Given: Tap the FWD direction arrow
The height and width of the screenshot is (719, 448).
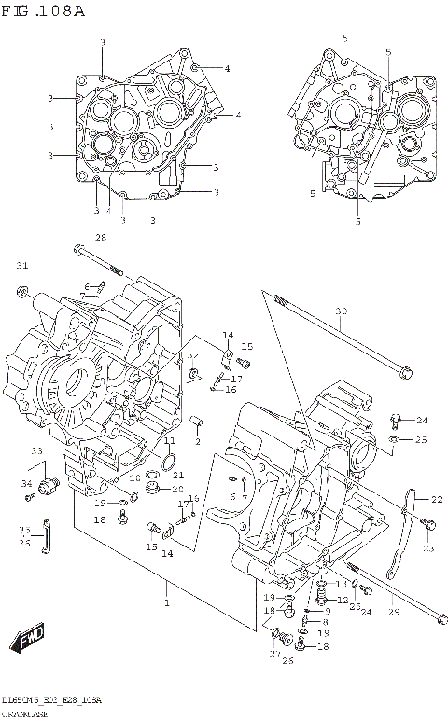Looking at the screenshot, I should click(27, 638).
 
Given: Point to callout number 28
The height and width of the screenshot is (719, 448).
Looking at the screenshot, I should click(101, 239).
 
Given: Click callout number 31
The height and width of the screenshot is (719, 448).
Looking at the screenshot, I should click(22, 266).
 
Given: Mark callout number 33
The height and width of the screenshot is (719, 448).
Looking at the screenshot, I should click(36, 451).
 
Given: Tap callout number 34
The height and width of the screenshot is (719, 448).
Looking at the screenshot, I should click(27, 483).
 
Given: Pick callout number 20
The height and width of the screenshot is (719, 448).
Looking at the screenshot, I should click(177, 489).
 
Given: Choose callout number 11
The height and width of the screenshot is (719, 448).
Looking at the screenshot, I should click(169, 440).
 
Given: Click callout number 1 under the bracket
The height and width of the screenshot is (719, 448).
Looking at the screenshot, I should click(168, 603).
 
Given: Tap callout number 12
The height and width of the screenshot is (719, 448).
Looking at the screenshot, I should click(343, 600).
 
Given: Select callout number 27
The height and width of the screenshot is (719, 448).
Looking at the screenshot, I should click(274, 654).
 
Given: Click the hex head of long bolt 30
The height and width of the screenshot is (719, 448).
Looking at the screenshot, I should click(404, 374).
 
